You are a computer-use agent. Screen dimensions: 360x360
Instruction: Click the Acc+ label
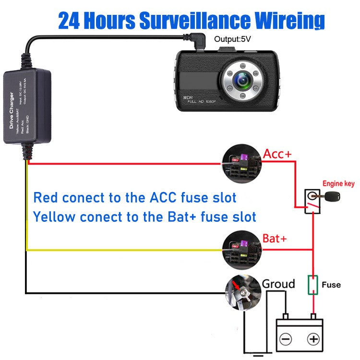[277, 154]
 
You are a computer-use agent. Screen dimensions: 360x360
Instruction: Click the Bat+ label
[275, 239]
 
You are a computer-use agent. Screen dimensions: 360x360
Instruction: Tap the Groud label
[278, 284]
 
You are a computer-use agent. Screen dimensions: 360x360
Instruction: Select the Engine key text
[338, 183]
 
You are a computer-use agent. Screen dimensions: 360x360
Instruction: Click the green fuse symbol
[313, 284]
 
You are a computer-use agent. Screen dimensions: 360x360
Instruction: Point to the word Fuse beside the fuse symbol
[331, 285]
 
